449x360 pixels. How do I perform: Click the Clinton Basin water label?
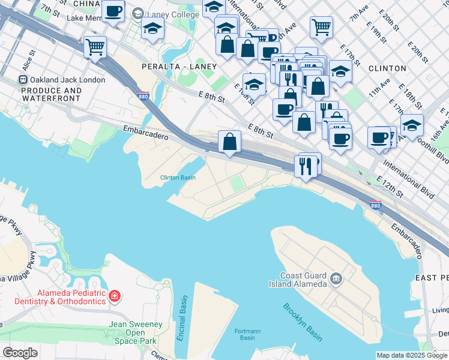[178, 178]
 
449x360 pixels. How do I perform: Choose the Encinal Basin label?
[182, 319]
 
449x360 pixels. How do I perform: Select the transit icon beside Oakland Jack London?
[23, 80]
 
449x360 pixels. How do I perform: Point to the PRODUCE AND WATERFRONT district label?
[51, 95]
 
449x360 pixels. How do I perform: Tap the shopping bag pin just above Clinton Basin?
[229, 142]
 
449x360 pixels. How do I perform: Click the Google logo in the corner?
[20, 353]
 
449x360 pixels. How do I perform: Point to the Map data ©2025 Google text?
[412, 355]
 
